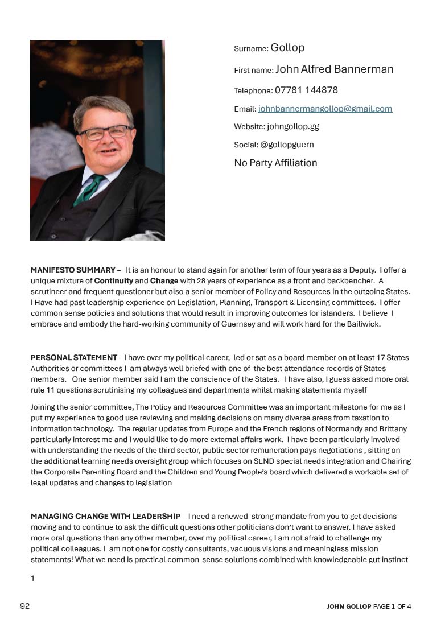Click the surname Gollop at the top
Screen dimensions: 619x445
pyautogui.click(x=287, y=48)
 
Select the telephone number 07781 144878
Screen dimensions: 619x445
pyautogui.click(x=306, y=90)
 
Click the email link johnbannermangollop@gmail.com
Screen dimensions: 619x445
pyautogui.click(x=325, y=109)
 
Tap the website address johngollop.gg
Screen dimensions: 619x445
pyautogui.click(x=292, y=127)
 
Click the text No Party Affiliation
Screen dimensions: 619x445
pyautogui.click(x=275, y=163)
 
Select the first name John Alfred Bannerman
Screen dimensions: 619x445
pyautogui.click(x=334, y=69)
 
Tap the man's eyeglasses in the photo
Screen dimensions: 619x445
pyautogui.click(x=105, y=133)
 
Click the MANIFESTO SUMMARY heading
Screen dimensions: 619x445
pyautogui.click(x=73, y=270)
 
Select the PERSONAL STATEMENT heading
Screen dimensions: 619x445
pyautogui.click(x=74, y=358)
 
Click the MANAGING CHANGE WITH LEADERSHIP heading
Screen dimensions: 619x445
pyautogui.click(x=105, y=517)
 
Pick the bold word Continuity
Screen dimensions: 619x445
pyautogui.click(x=114, y=281)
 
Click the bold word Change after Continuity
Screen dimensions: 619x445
pyautogui.click(x=164, y=281)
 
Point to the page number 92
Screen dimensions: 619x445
pyautogui.click(x=24, y=606)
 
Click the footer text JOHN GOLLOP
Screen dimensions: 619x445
pyautogui.click(x=348, y=606)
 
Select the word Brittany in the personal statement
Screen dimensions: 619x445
pyautogui.click(x=392, y=428)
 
